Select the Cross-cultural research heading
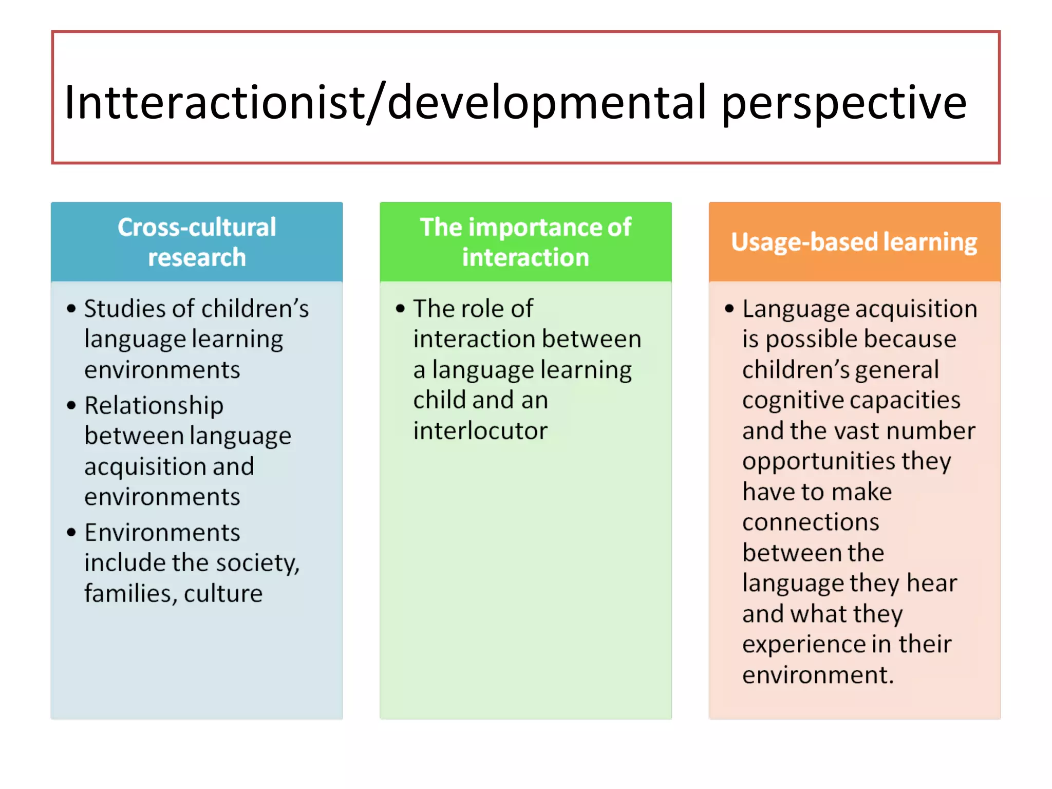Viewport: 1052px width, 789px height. coord(197,242)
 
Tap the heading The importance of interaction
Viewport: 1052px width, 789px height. coord(525,242)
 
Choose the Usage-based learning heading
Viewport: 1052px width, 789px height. coord(854,242)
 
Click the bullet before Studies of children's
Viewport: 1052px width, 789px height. coord(71,309)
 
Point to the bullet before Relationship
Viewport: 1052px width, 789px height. coord(71,405)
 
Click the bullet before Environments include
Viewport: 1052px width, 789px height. coord(71,532)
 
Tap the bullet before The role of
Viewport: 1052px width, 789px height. coord(400,309)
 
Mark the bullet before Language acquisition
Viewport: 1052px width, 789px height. coord(729,309)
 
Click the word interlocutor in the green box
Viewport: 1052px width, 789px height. coord(480,430)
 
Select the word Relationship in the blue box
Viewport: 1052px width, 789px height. coord(154,406)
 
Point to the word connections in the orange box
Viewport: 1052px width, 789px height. coord(811,522)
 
